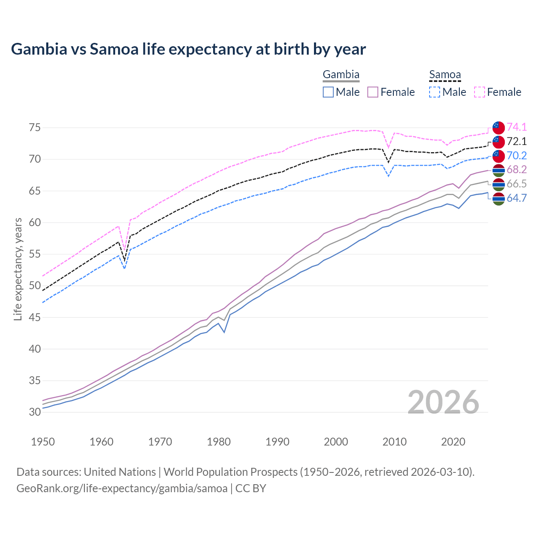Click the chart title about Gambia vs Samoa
coord(188,49)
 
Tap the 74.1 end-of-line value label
coord(517,127)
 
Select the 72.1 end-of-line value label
coord(517,141)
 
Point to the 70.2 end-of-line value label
coord(517,156)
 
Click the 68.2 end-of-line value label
coord(517,169)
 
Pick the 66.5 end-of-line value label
coord(517,184)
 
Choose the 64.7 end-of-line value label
coord(517,198)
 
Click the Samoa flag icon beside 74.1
coord(498,127)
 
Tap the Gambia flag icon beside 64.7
coord(498,199)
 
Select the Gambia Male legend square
coord(328,92)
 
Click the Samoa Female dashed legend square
coord(480,92)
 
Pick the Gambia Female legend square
coord(373,92)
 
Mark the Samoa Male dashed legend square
coord(435,92)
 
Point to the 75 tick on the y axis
coord(35,127)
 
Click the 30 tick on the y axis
coord(35,412)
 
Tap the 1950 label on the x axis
coord(43,442)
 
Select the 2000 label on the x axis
coord(336,442)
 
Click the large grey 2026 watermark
coord(443,402)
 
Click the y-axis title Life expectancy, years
coord(18,269)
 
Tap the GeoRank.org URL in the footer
coord(122,488)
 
